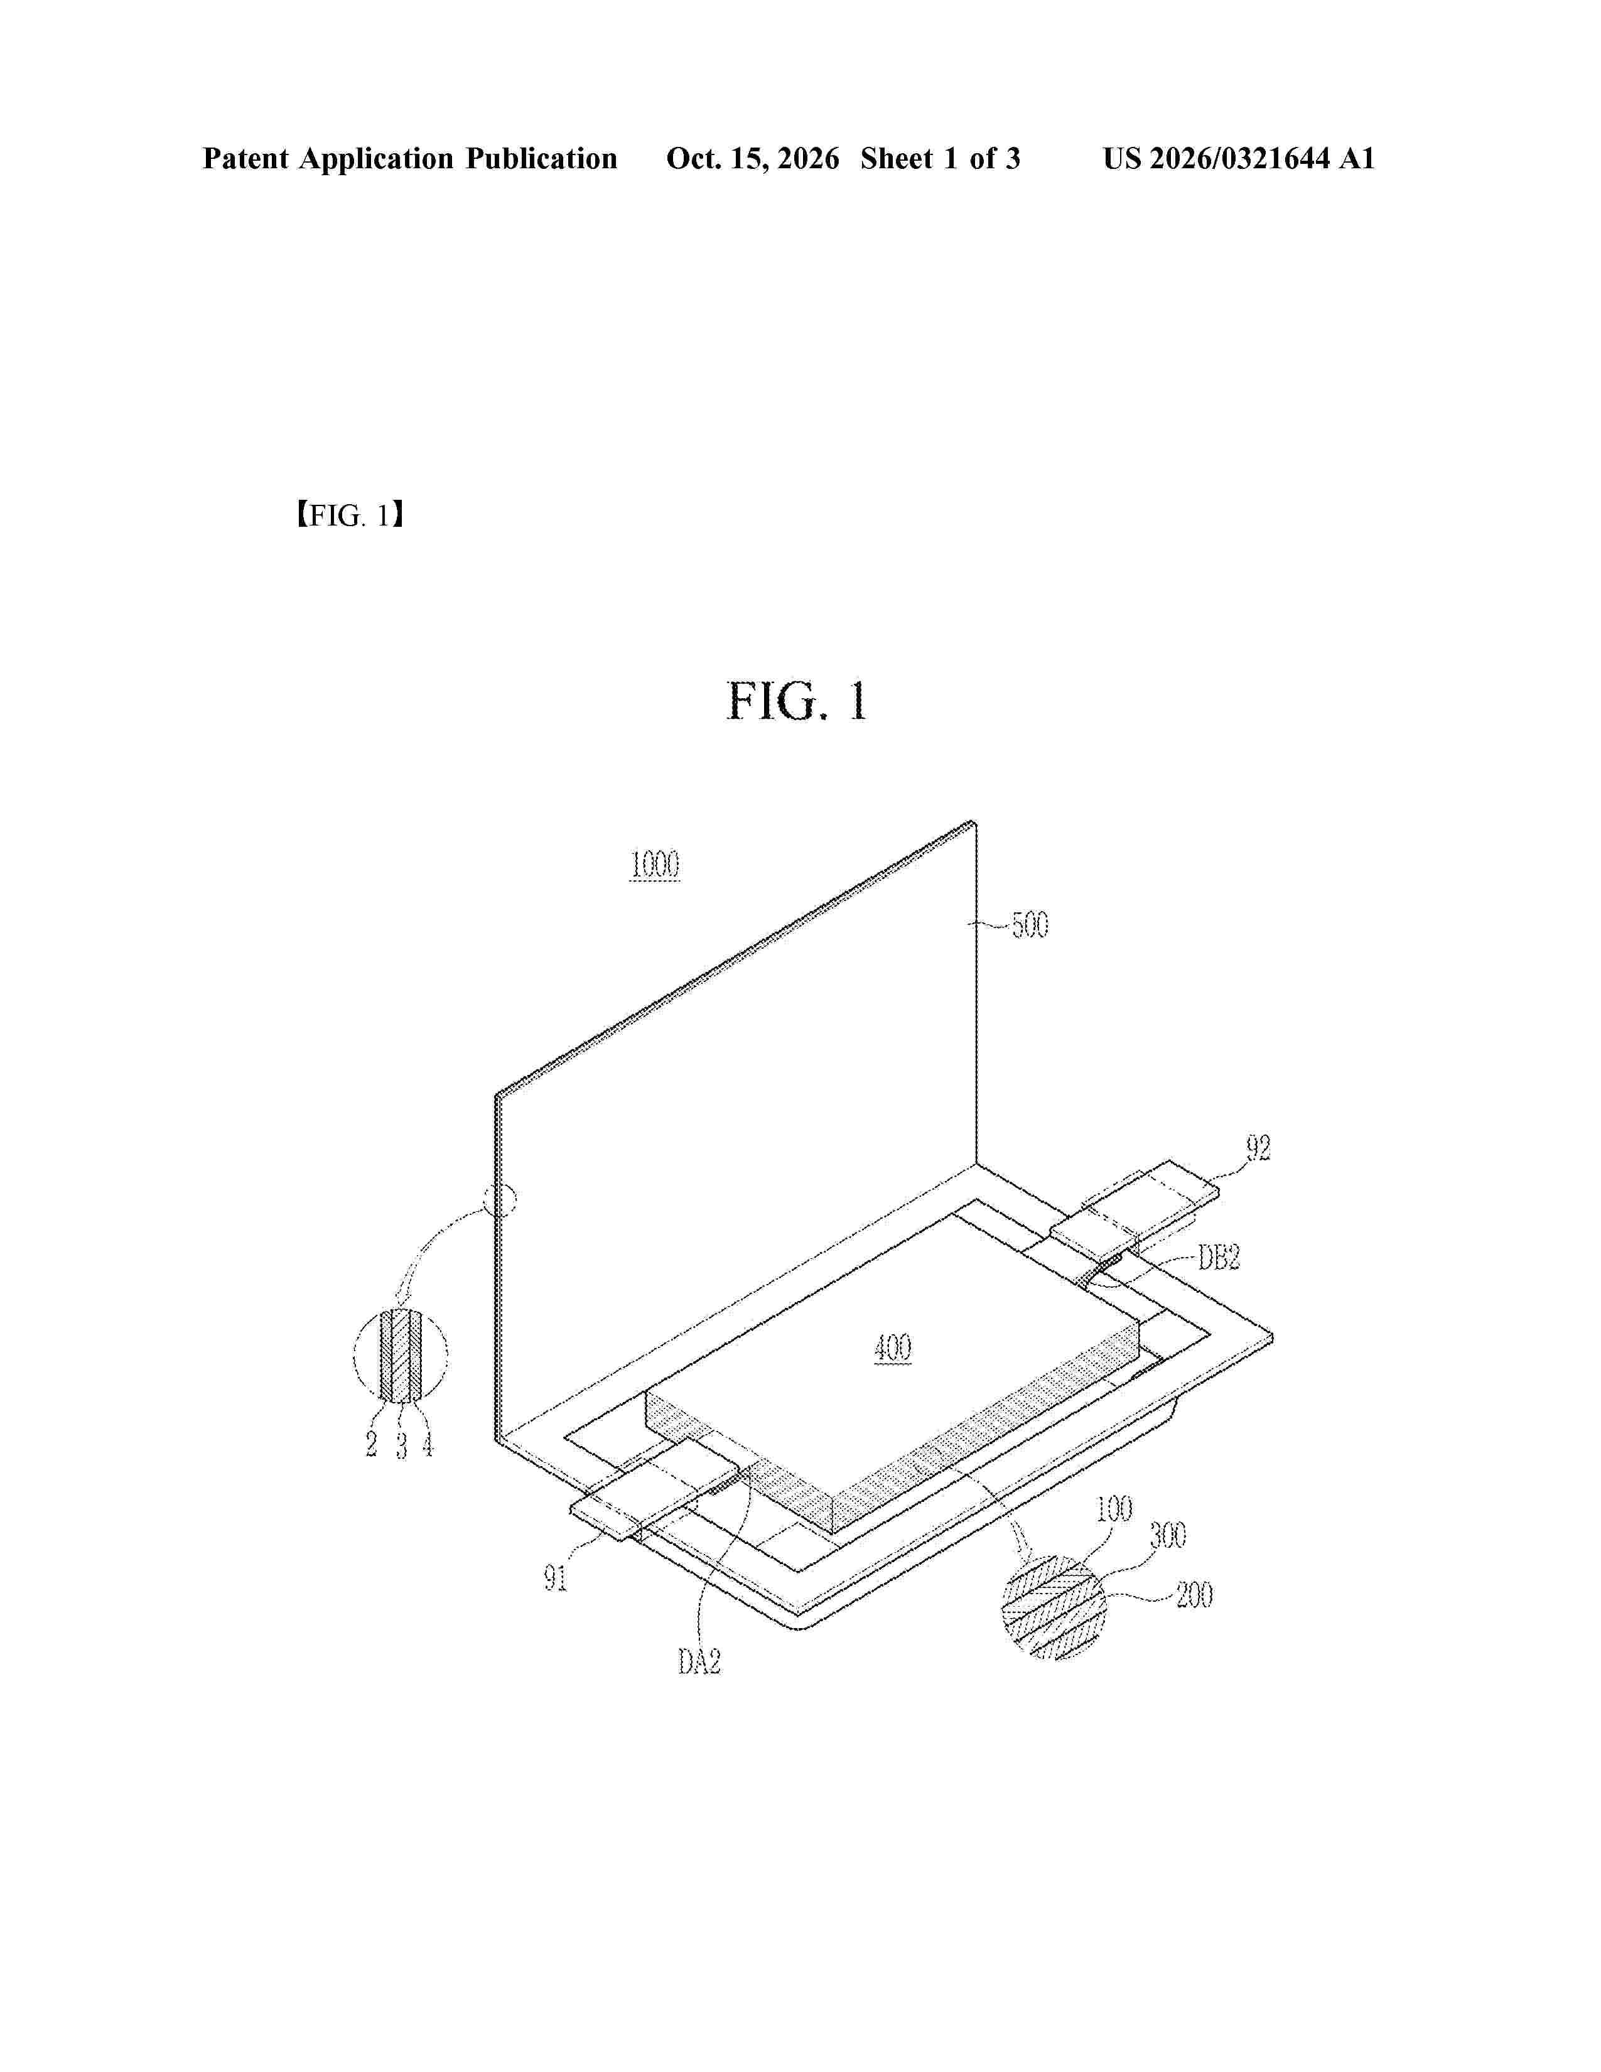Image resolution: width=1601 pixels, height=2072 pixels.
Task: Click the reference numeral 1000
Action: (x=654, y=865)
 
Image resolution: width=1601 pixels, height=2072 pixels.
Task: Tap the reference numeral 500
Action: (x=1030, y=924)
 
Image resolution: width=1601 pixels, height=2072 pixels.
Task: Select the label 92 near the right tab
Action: (x=1258, y=1147)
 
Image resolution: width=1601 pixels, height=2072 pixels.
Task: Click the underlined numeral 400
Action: (x=893, y=1347)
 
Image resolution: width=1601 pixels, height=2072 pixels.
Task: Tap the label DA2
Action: (x=700, y=1661)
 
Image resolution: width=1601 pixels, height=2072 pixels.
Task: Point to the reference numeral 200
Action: (x=1194, y=1595)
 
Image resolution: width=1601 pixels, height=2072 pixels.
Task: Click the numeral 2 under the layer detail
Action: (x=371, y=1444)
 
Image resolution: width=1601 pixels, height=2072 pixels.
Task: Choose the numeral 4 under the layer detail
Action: (x=428, y=1444)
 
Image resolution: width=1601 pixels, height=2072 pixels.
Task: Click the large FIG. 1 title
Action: (x=797, y=701)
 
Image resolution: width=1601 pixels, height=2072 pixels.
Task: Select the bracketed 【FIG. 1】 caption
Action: (x=350, y=516)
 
